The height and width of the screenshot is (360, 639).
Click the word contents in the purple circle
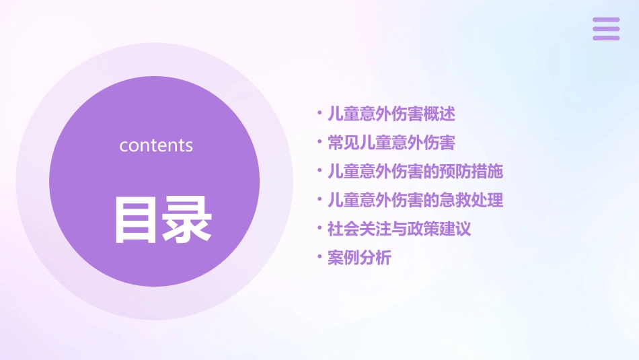click(156, 145)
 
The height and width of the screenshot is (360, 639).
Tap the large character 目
click(137, 219)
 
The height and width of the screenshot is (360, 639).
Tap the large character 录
click(187, 219)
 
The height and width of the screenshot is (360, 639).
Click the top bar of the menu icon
click(605, 20)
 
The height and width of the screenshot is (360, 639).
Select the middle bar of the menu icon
click(605, 29)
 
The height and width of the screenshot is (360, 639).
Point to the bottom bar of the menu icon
click(605, 38)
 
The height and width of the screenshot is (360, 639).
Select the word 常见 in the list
click(343, 143)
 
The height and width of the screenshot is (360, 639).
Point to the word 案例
click(343, 258)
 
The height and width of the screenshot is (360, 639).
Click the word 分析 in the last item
click(375, 258)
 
